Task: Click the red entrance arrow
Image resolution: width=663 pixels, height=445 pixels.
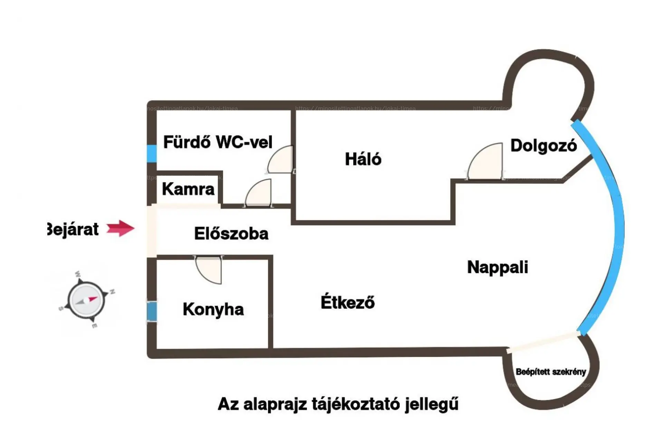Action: click(x=120, y=228)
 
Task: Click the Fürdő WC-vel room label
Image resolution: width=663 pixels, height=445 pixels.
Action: click(x=218, y=142)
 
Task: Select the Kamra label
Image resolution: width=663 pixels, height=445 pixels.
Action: click(x=188, y=189)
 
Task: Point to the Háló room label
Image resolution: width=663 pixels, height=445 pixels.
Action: click(x=363, y=159)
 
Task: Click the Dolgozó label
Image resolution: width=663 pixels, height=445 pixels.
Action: click(x=544, y=146)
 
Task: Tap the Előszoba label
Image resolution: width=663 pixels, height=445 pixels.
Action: click(x=231, y=234)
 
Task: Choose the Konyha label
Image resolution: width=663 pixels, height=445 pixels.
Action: click(x=213, y=309)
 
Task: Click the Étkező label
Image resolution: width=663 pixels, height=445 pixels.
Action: click(x=347, y=302)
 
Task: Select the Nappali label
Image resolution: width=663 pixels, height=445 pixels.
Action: click(x=497, y=267)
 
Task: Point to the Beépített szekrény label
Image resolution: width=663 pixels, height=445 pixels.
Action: click(x=551, y=372)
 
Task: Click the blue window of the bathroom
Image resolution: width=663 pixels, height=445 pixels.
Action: click(x=152, y=153)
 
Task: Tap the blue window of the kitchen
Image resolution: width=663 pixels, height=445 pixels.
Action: click(x=152, y=311)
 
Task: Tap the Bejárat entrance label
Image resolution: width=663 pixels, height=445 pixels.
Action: click(x=73, y=229)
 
